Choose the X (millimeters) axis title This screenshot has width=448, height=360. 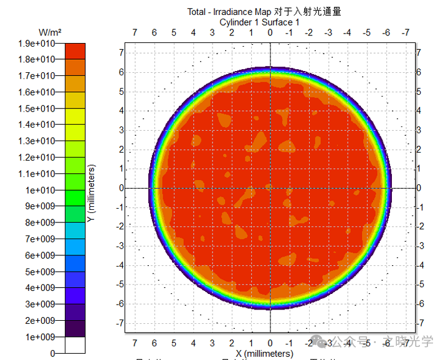(264, 354)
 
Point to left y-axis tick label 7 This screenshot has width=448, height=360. (122, 52)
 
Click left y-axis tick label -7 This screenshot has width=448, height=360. (120, 323)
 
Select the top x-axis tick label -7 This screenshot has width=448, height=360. (406, 32)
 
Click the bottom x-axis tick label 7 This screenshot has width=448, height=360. (135, 344)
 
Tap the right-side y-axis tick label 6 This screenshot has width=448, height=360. (419, 72)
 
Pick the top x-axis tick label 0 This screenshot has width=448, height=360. (270, 32)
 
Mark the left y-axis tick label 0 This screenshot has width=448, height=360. (122, 188)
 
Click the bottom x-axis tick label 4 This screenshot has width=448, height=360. (193, 344)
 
